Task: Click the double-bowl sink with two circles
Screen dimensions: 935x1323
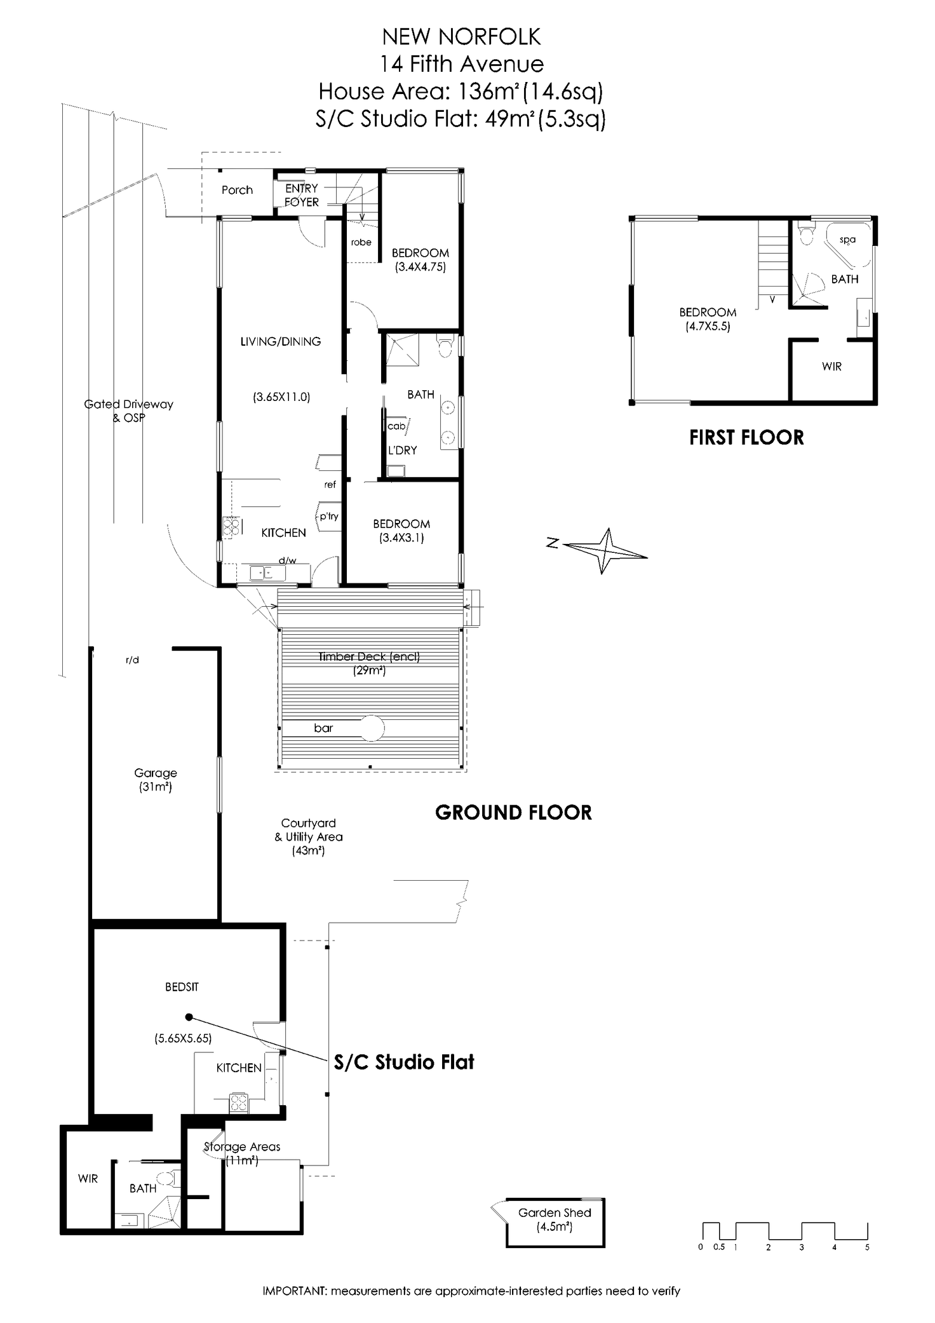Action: point(450,421)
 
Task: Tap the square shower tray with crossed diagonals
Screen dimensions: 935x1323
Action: point(405,350)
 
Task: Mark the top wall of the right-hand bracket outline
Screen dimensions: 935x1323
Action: point(665,218)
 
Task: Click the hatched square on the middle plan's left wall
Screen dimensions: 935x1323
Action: point(232,526)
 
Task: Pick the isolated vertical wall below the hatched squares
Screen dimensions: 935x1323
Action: point(218,784)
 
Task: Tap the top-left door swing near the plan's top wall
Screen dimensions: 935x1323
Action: point(286,193)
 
